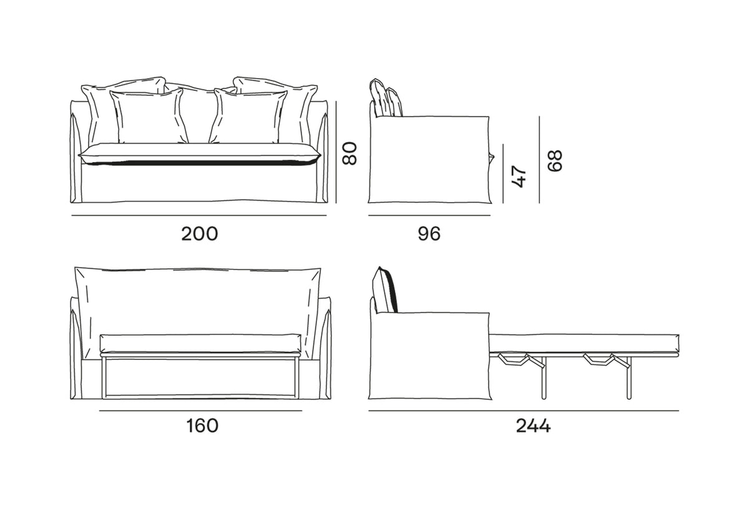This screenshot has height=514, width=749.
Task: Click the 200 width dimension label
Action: coord(200,234)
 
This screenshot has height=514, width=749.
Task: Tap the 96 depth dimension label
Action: coord(429,234)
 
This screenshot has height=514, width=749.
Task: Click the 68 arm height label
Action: coord(554,160)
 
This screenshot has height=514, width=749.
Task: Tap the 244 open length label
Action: coord(533,426)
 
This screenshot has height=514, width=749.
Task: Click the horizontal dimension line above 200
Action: coord(200,216)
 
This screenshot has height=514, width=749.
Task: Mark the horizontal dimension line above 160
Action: coord(201,410)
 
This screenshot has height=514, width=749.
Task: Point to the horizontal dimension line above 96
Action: coord(429,216)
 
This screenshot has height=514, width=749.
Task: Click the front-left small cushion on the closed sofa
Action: coord(149,117)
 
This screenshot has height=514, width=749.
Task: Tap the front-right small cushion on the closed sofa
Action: coord(248,117)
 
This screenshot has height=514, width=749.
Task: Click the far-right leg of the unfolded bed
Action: coord(627,379)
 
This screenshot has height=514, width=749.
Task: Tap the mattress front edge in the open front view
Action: coord(201,343)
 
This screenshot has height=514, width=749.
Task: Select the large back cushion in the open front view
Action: coord(198,299)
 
